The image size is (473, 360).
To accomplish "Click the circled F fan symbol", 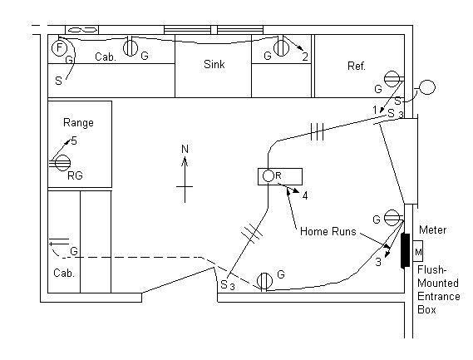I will click(x=59, y=47).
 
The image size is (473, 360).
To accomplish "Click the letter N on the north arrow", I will click(x=185, y=150).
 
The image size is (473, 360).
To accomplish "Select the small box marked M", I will click(x=417, y=251).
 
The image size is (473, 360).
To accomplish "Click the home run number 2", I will click(x=305, y=57).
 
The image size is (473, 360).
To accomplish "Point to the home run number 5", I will click(x=74, y=141).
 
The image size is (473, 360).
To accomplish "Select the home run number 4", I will click(x=305, y=196).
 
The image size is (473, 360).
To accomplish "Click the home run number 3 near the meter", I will click(x=377, y=263).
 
